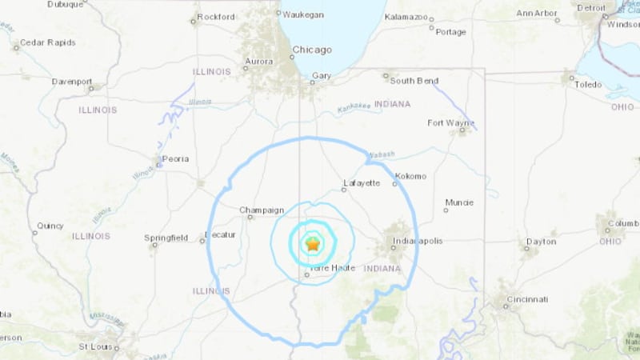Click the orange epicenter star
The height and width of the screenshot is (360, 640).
tap(312, 246)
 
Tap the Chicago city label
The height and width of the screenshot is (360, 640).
tap(311, 50)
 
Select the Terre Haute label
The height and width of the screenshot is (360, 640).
tap(328, 268)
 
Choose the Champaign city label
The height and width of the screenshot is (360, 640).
tap(262, 210)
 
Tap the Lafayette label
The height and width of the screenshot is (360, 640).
tap(360, 183)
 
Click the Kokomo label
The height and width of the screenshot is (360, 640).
tap(410, 176)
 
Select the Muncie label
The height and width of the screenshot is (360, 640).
tap(460, 201)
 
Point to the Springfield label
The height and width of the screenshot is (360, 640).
tap(166, 238)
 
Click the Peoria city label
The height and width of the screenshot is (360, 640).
tap(175, 158)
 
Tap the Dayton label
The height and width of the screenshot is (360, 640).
tap(541, 241)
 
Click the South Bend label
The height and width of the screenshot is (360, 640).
tap(412, 80)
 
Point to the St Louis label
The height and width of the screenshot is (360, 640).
tap(94, 346)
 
